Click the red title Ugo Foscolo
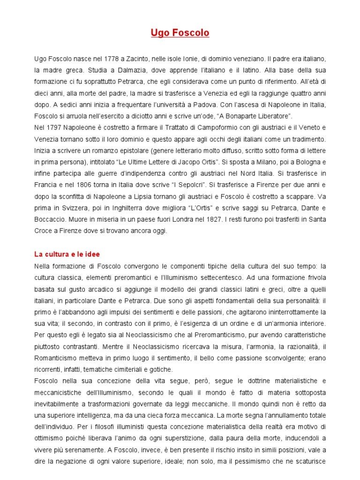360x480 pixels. (180, 33)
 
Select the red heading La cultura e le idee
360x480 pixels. (67, 254)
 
